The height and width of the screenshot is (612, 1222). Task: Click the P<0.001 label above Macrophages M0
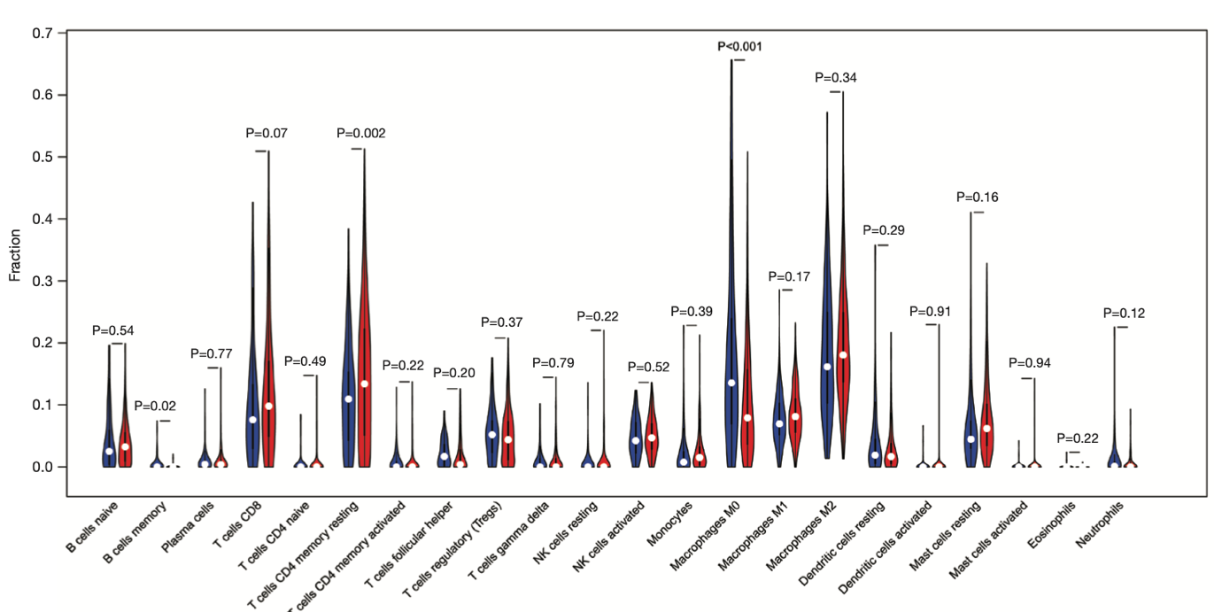(739, 46)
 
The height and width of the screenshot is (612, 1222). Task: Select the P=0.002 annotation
(361, 134)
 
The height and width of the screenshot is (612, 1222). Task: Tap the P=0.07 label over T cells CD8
(267, 134)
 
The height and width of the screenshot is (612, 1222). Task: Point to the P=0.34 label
(835, 78)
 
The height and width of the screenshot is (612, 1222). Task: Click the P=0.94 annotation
(1031, 363)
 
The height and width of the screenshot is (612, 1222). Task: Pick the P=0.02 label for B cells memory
(155, 407)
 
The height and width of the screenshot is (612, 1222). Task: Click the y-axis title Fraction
(15, 255)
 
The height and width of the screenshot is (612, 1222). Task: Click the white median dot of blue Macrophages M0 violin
(731, 383)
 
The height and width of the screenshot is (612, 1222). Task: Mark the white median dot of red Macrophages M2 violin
(843, 355)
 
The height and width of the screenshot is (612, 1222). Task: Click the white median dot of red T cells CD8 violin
(268, 407)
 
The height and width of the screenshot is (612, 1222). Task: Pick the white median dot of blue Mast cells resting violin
(971, 439)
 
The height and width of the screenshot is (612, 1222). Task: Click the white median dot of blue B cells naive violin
(109, 452)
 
